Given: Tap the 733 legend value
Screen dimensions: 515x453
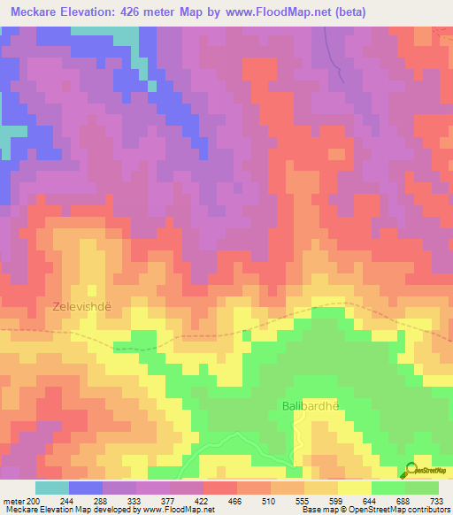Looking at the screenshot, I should [x=439, y=500].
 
